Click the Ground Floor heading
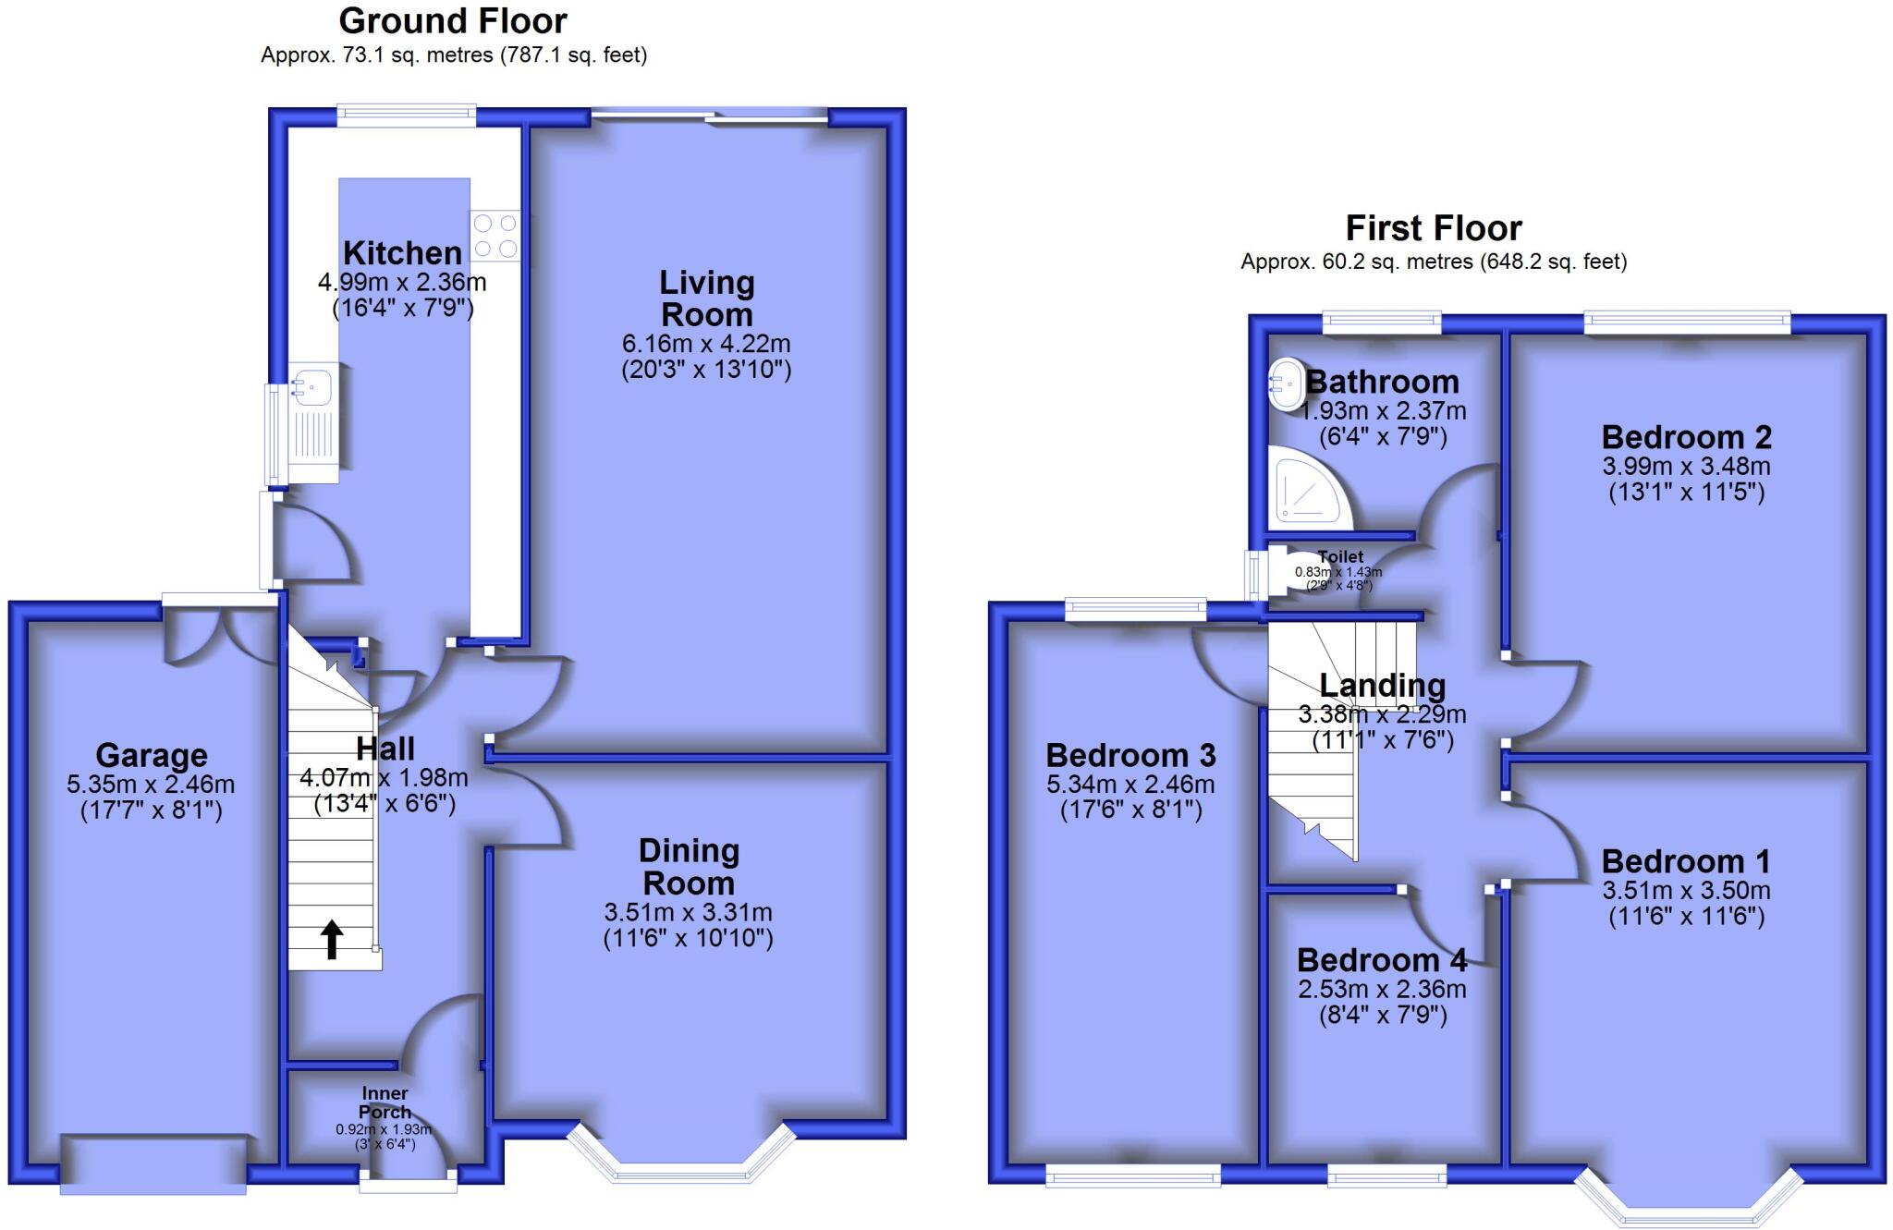453,20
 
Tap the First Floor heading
1433,227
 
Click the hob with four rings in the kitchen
495,236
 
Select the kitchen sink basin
313,384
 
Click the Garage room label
152,755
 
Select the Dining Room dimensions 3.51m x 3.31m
688,912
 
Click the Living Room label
707,298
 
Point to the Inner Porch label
385,1102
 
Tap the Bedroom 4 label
1381,960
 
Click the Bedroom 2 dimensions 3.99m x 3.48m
1686,466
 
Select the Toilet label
1340,556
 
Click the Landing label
1382,685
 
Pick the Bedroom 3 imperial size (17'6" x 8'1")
1130,810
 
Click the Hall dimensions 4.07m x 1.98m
384,778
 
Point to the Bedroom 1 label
1686,861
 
